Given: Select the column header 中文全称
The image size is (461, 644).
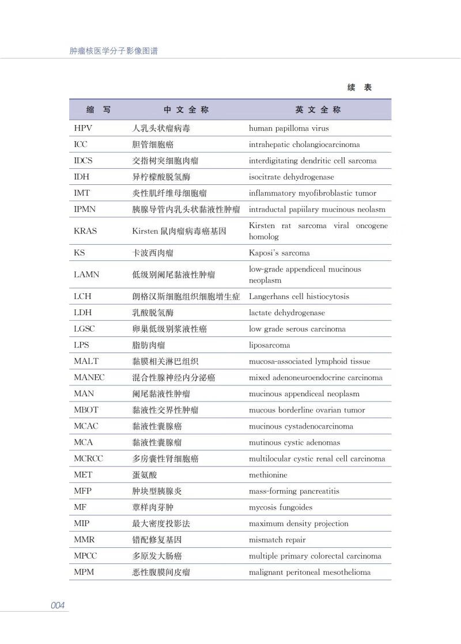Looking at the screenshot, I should coord(186,109).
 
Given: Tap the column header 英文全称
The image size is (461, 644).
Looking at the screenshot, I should coord(318,109).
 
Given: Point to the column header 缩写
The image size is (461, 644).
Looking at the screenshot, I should coord(99,109).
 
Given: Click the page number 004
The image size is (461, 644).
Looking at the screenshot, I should coord(58,605).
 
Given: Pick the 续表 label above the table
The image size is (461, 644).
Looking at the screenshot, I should coord(360,88).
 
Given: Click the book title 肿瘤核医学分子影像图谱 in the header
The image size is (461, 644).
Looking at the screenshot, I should coord(114,51).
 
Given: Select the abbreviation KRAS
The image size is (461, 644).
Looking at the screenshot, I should coord(85,231).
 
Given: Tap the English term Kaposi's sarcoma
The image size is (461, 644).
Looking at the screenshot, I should coord(279,253).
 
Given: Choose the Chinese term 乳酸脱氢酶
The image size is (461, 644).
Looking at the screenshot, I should coord(153,313).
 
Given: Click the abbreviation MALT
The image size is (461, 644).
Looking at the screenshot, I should coord(86,362).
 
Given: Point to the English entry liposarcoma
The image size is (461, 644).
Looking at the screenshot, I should coord(269,346).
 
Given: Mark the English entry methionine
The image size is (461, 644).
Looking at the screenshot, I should coord(268,475).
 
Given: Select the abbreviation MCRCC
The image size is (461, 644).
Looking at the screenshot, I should coord(88,459).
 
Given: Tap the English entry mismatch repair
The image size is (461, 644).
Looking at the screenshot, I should coord(277,540).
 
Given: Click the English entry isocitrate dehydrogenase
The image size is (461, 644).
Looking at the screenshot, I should coord(291,177).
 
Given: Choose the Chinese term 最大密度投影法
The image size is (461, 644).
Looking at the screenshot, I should coord(161,524).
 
